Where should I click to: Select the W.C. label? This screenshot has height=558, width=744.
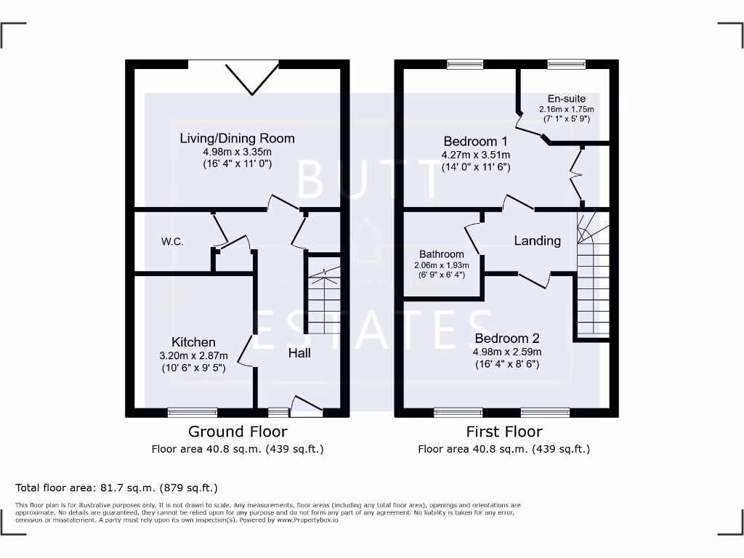pos(172,241)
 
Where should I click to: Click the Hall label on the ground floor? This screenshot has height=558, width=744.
pos(299,352)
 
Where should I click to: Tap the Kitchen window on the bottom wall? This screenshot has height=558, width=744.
pos(192,412)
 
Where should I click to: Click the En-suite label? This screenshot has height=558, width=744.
pos(566,99)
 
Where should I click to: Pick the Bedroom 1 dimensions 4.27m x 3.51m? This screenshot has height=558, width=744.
pos(476,155)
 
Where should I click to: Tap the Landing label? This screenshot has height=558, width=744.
pos(538,240)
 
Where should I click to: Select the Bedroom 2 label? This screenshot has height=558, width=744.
pos(506,339)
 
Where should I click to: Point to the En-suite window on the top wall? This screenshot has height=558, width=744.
pos(566,65)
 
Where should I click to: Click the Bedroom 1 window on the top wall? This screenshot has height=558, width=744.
pos(459,65)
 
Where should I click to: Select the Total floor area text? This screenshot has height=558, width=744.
pos(116,488)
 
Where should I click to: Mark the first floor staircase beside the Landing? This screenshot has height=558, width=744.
pos(593,276)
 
